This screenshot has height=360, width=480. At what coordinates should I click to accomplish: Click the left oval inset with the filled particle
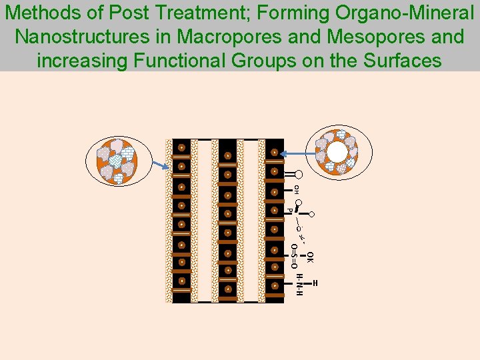tap(120, 161)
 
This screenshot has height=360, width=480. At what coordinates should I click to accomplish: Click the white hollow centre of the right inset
tap(337, 153)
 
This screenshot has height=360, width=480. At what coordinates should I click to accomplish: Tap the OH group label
tap(296, 189)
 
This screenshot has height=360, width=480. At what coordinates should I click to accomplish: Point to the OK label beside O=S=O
tap(310, 257)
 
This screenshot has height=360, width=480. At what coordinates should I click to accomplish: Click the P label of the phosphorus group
tap(289, 211)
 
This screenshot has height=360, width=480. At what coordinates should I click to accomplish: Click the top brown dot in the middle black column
tap(227, 156)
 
